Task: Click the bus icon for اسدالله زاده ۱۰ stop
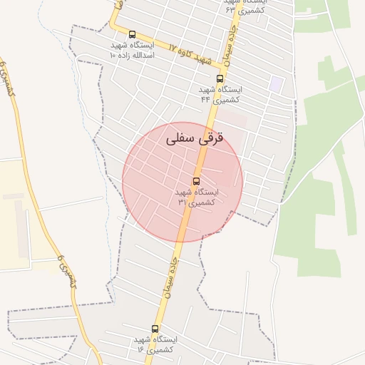(x=132, y=34)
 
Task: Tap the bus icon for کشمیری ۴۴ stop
(x=220, y=79)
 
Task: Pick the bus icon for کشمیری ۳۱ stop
(x=197, y=181)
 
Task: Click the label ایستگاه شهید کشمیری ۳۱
(x=197, y=197)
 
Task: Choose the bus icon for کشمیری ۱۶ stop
(x=155, y=329)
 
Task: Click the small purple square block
(x=276, y=83)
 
